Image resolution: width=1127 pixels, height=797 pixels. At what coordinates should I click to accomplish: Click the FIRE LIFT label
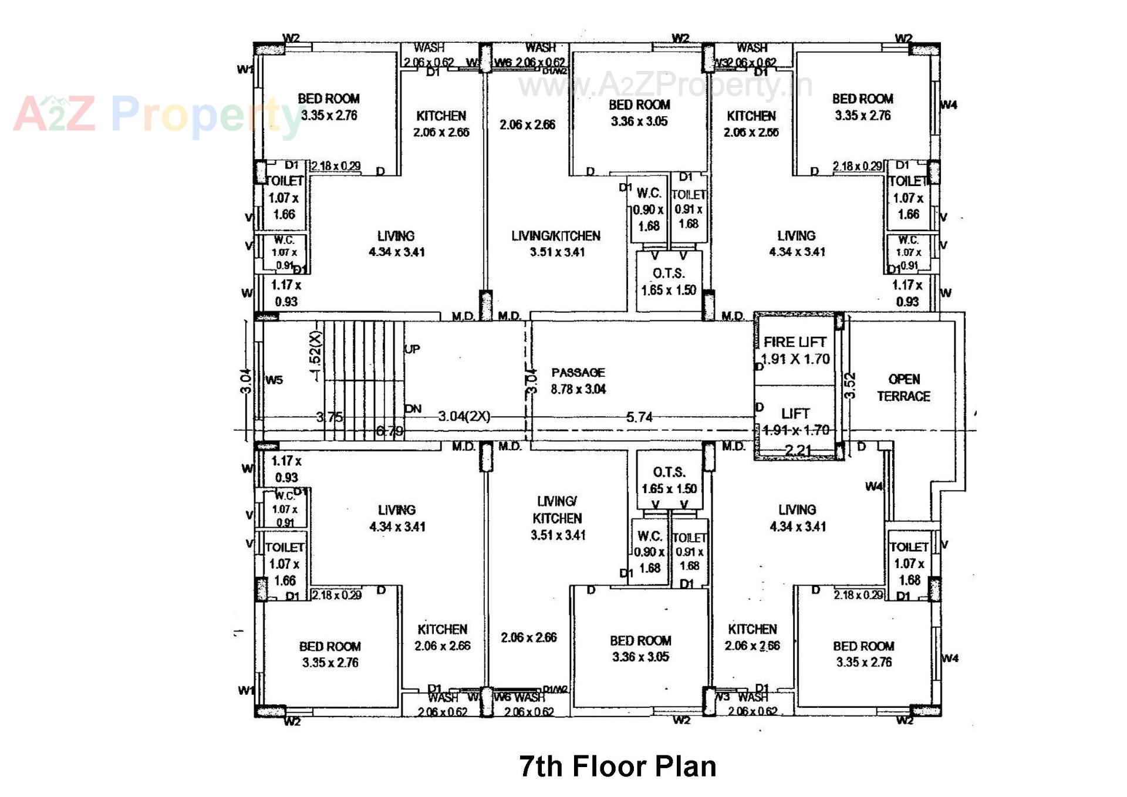(795, 342)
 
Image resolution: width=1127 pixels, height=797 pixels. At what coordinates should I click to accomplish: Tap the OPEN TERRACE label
(903, 387)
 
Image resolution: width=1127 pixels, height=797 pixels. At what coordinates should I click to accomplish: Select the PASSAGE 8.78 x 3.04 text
(578, 380)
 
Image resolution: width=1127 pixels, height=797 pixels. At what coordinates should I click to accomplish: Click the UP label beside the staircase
(412, 349)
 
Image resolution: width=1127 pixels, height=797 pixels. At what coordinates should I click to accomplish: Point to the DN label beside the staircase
(413, 408)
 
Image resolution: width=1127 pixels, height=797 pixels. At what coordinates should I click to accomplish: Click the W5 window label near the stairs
(274, 380)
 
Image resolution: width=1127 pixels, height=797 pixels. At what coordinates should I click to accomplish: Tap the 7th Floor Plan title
(618, 766)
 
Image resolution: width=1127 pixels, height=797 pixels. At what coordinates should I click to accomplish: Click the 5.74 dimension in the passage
(639, 417)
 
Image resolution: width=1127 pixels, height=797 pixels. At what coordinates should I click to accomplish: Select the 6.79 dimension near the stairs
(389, 431)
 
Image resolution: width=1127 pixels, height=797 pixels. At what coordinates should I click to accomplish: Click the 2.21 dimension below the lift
(798, 450)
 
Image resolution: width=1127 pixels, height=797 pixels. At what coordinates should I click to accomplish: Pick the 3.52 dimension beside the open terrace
(850, 386)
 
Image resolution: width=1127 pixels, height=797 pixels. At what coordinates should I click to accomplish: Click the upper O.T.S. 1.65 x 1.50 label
(669, 282)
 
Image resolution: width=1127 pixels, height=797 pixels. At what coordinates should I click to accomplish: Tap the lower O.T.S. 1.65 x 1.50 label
(669, 480)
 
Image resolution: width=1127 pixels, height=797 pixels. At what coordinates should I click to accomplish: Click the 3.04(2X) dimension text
(464, 416)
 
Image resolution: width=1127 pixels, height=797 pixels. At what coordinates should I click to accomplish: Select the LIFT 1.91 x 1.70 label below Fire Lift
(795, 421)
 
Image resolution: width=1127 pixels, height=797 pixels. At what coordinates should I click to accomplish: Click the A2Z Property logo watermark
(158, 114)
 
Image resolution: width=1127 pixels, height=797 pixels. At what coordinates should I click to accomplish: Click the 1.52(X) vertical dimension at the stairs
(315, 356)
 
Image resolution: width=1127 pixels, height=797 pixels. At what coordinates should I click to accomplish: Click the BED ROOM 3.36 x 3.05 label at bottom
(640, 649)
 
